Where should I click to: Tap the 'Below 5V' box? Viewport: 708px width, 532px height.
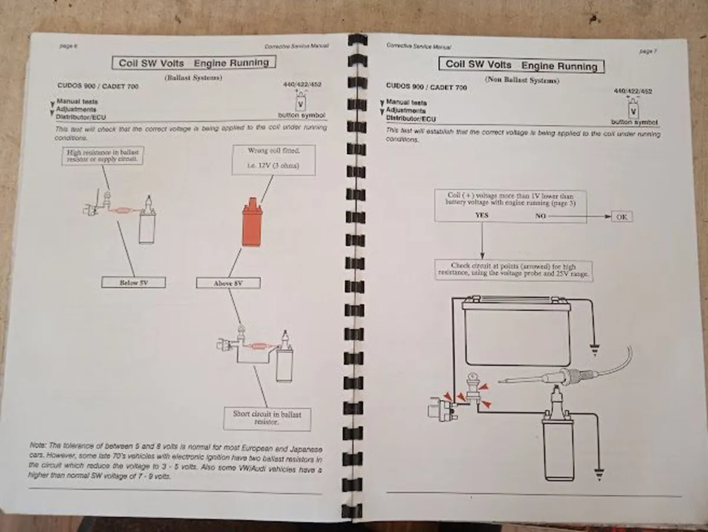coord(133,283)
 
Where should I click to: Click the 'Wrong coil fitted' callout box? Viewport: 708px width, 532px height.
coord(273,159)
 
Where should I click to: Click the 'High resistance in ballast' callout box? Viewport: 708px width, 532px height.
coord(103,156)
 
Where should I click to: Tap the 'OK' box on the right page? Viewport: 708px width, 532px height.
coord(621,217)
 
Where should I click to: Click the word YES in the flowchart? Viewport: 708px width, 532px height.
coord(482,216)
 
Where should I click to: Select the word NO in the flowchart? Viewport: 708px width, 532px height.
coord(540,216)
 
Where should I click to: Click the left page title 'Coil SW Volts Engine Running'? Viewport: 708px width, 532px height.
coord(194,63)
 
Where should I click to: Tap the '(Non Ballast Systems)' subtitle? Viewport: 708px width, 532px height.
coord(522,80)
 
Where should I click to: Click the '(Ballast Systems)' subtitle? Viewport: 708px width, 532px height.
coord(193,78)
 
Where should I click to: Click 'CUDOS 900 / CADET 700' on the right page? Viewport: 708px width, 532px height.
coord(426,87)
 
